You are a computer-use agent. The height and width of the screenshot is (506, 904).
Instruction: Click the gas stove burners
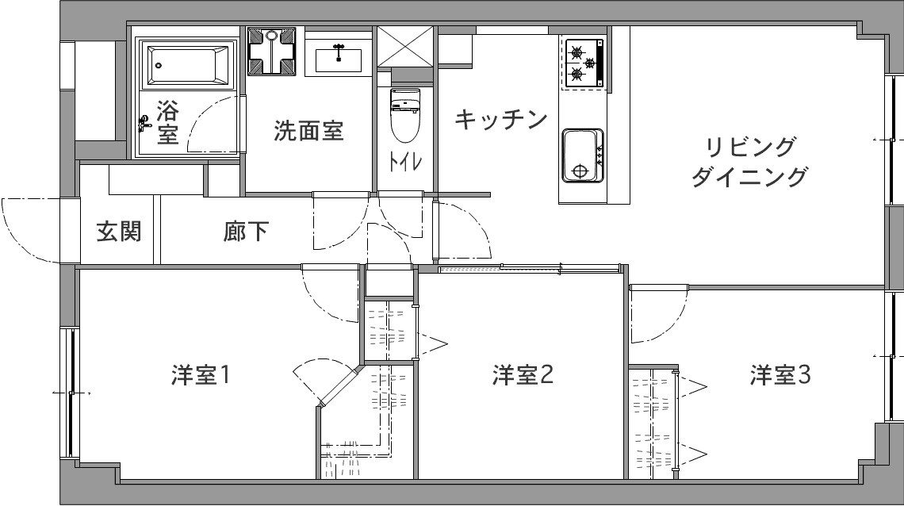583,63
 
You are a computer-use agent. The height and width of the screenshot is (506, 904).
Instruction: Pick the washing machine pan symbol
271,52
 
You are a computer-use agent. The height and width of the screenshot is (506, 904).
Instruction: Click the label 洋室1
201,375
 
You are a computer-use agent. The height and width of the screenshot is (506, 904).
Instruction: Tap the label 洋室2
522,375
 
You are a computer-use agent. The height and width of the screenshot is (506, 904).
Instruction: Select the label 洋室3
780,375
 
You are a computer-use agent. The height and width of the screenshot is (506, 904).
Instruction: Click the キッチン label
501,120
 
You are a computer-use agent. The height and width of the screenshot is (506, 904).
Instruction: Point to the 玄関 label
119,232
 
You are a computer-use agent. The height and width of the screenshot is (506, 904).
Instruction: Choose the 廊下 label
246,232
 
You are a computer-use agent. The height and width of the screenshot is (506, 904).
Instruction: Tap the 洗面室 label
308,131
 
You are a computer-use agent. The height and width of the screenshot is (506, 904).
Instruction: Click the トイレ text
404,161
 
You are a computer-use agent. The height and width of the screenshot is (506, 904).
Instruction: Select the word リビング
750,148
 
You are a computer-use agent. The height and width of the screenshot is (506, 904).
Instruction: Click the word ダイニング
749,176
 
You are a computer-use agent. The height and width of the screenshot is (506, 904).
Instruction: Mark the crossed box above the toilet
404,47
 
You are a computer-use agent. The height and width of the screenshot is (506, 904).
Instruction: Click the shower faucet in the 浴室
144,122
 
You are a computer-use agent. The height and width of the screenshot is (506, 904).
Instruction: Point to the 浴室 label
167,122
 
